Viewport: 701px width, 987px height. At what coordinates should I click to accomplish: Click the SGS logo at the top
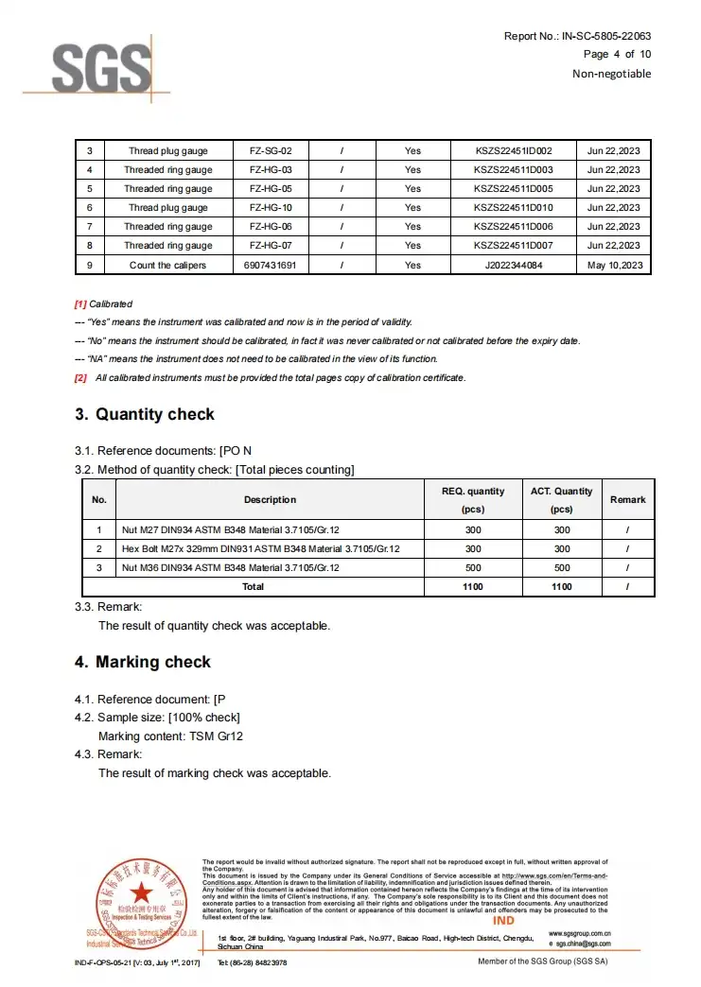[x=100, y=67]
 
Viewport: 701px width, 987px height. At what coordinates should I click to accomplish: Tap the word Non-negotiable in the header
[x=611, y=74]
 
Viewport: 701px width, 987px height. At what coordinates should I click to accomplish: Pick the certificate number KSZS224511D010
[x=513, y=208]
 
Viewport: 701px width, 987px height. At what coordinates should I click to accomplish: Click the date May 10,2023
[x=614, y=266]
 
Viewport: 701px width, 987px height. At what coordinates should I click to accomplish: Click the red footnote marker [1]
[x=80, y=304]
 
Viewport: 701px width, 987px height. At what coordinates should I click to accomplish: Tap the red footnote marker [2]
[x=80, y=378]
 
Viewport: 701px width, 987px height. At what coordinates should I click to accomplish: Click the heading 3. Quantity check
[x=145, y=414]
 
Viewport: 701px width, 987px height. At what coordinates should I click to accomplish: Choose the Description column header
[x=270, y=499]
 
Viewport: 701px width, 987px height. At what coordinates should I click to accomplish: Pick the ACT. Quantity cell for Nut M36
[x=562, y=567]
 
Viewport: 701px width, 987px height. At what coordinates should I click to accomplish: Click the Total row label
[x=254, y=586]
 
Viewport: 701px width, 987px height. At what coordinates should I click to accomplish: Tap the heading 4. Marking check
[x=143, y=662]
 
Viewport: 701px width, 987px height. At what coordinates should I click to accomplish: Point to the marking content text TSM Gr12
[x=216, y=736]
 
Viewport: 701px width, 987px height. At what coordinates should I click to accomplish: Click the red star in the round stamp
[x=141, y=891]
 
